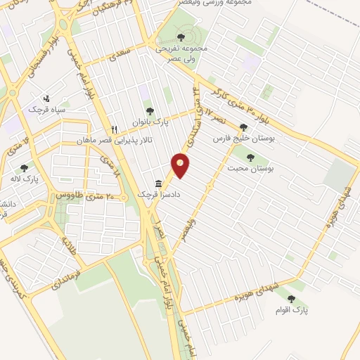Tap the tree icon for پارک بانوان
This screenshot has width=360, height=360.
pos(148,110)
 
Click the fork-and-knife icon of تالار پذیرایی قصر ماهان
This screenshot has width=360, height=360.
pos(115,129)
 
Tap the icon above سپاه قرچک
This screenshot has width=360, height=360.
pos(46,98)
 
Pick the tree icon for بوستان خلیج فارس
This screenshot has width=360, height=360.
pos(243,128)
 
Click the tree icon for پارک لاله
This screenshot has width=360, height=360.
pos(25,168)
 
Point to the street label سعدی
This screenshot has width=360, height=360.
pos(116,53)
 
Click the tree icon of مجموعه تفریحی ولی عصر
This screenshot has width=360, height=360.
pos(181,37)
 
